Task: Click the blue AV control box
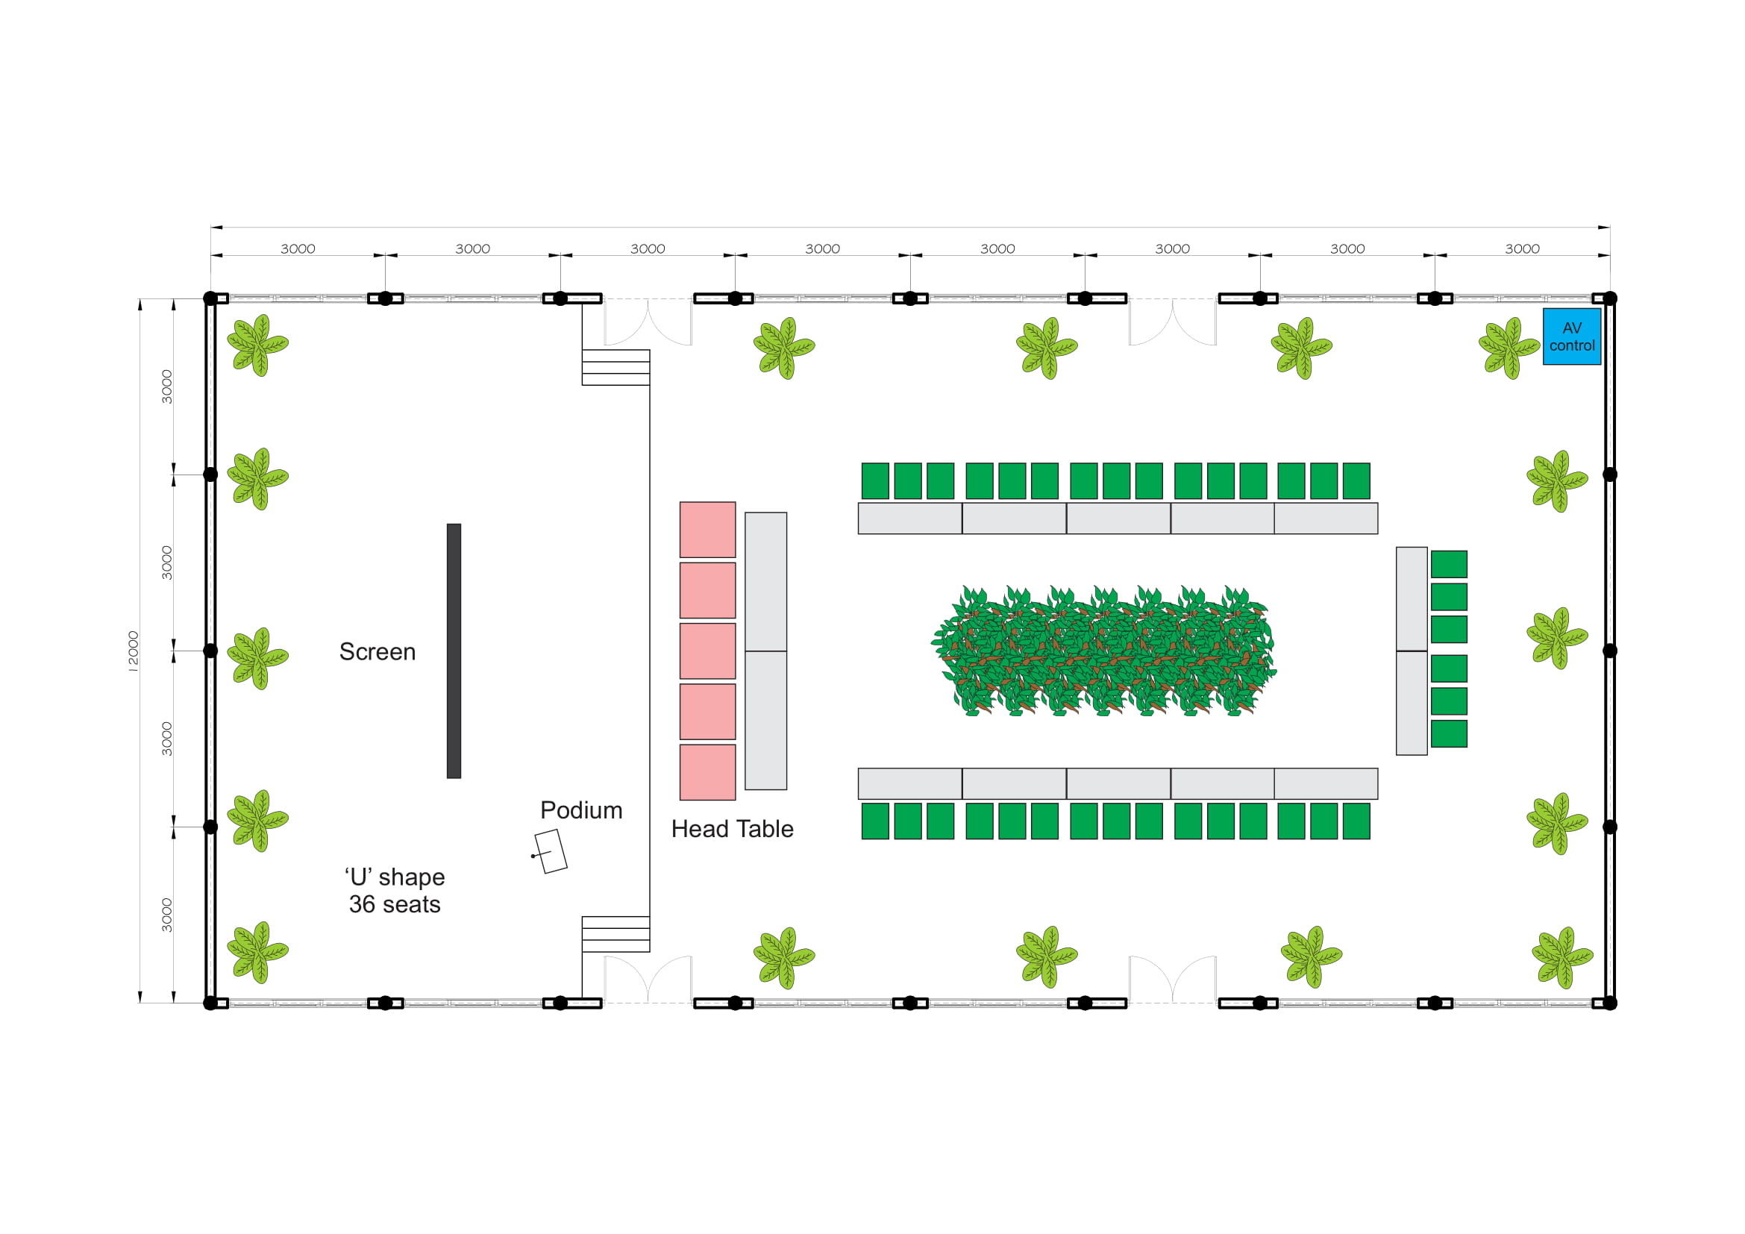(x=1571, y=336)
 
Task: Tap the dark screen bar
(x=454, y=651)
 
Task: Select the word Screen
(x=377, y=652)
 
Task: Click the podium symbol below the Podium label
(x=551, y=851)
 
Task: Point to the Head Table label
(x=732, y=829)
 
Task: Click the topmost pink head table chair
(x=707, y=530)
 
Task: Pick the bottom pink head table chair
(x=707, y=772)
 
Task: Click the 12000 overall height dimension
(x=133, y=651)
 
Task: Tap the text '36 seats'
(x=395, y=904)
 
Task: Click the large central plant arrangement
(x=1103, y=651)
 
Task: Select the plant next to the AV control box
(x=1509, y=348)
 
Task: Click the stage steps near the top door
(x=615, y=367)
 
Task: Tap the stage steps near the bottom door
(x=615, y=934)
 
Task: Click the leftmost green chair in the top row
(x=876, y=481)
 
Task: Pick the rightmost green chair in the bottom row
(x=1356, y=821)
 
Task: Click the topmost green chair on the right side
(x=1450, y=565)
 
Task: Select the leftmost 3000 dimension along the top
(x=298, y=248)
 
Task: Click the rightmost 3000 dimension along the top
(x=1523, y=248)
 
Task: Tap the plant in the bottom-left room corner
(x=257, y=953)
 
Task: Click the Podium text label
(x=581, y=811)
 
